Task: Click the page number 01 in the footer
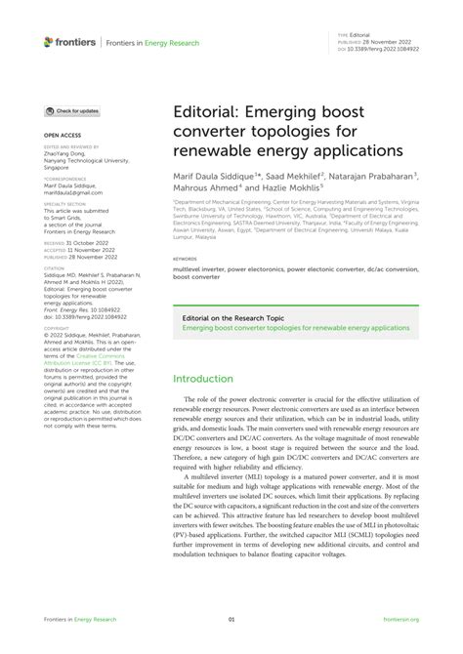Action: [x=231, y=619]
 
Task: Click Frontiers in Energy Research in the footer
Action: [x=80, y=619]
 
